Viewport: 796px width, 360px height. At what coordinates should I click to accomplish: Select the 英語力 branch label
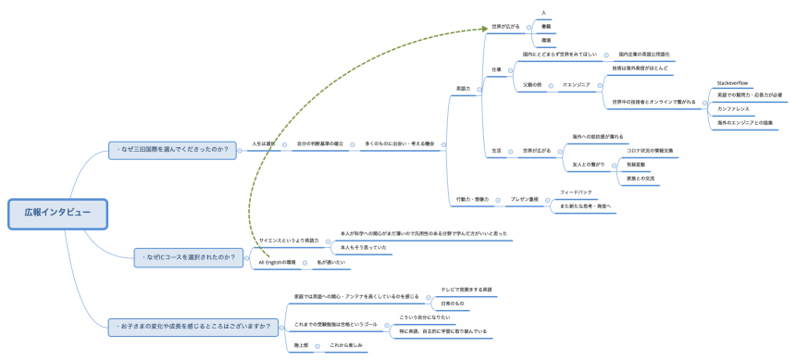pos(464,89)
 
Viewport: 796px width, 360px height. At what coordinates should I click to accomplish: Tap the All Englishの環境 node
pos(277,263)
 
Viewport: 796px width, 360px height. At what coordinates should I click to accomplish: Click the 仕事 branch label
pos(496,69)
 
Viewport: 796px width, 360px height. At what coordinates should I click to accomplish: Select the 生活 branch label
pos(496,150)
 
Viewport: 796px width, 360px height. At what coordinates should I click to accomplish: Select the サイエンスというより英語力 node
pos(288,240)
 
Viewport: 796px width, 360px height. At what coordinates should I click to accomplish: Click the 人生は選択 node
pos(264,143)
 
